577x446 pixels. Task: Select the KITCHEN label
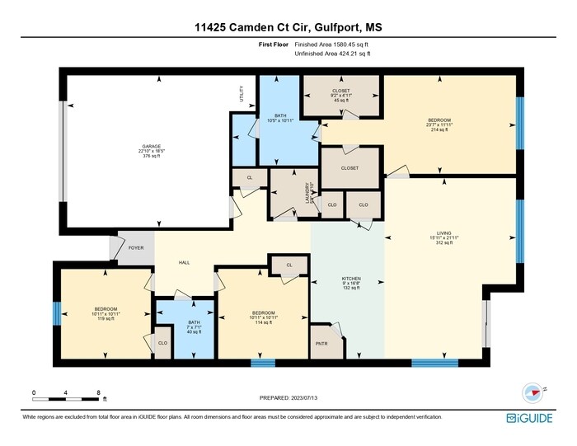point(351,279)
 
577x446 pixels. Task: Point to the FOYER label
point(134,245)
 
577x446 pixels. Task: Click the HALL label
point(185,263)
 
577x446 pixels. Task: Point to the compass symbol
point(532,392)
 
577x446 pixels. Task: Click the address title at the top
point(288,27)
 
